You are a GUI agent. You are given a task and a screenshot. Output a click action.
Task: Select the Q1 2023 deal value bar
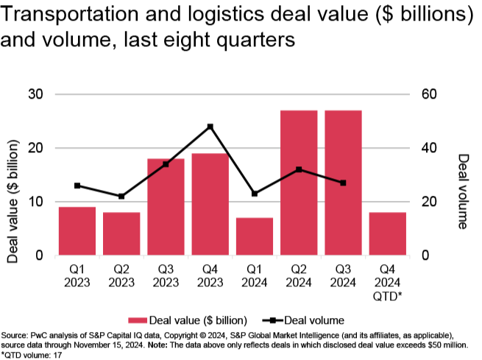[77, 231]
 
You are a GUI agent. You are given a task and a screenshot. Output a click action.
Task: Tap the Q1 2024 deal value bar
[254, 236]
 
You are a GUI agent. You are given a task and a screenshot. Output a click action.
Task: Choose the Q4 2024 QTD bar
[387, 233]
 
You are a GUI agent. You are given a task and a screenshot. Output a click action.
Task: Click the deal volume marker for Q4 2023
[210, 127]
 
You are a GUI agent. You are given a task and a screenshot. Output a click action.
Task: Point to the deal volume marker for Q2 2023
[121, 197]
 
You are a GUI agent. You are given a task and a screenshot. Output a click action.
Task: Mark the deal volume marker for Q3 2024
[343, 183]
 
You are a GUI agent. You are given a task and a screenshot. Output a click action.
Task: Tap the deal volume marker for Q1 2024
[254, 194]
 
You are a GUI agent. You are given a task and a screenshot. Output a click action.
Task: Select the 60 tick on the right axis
[429, 94]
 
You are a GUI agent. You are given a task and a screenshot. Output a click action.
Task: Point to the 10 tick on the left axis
[36, 202]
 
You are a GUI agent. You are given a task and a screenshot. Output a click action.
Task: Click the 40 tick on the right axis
[429, 148]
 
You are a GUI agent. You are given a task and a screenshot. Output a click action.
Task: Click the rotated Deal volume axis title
[463, 191]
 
